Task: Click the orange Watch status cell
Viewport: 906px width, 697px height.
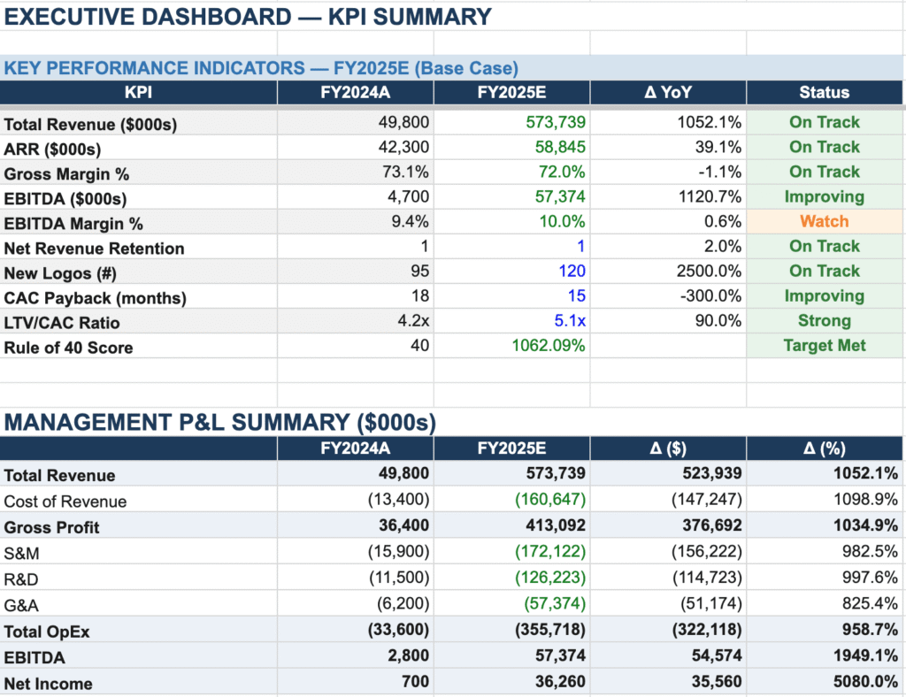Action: [824, 221]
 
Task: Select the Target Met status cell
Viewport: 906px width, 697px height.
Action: [824, 346]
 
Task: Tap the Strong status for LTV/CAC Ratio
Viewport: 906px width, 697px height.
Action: [824, 321]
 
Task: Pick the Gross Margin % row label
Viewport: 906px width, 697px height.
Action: [66, 174]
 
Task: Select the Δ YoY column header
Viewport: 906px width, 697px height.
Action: [668, 93]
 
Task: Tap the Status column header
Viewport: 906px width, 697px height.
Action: [824, 93]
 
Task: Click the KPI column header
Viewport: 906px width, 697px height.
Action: [138, 93]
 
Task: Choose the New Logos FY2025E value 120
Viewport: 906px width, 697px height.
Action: [572, 271]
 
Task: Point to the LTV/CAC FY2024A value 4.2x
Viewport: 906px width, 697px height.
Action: [413, 321]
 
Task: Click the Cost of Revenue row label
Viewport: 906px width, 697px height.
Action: [65, 502]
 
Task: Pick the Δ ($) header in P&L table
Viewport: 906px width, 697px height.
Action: [668, 448]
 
